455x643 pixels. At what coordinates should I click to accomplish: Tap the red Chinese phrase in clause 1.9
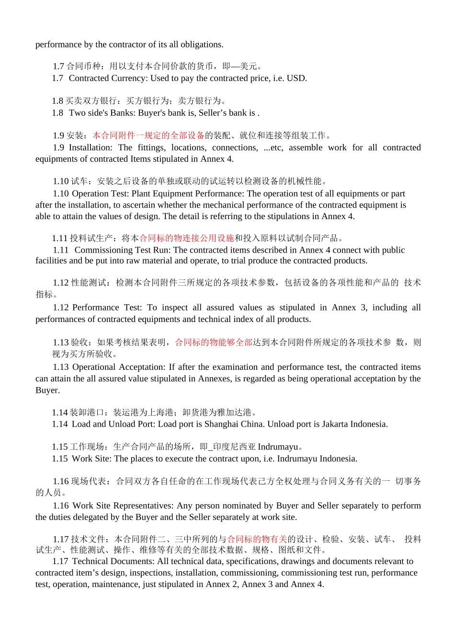click(x=148, y=135)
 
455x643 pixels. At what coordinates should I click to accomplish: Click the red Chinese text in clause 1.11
click(x=187, y=238)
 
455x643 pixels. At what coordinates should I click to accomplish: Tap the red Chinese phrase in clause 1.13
click(x=214, y=343)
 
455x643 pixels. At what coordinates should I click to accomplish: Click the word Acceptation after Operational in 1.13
click(x=143, y=367)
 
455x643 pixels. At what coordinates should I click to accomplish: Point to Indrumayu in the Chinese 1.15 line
click(x=278, y=447)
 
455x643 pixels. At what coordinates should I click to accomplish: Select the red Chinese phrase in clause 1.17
click(x=257, y=539)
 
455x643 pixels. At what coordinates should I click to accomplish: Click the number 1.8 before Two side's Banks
click(x=57, y=113)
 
